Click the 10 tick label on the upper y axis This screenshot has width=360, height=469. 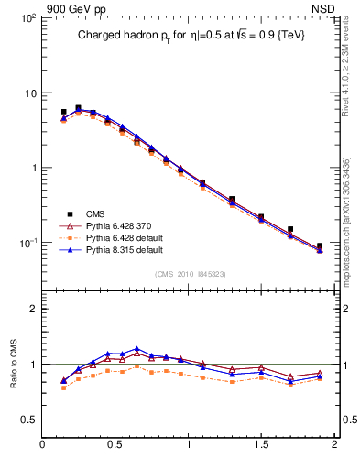click(x=29, y=93)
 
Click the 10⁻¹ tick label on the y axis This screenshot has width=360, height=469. click(x=27, y=243)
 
